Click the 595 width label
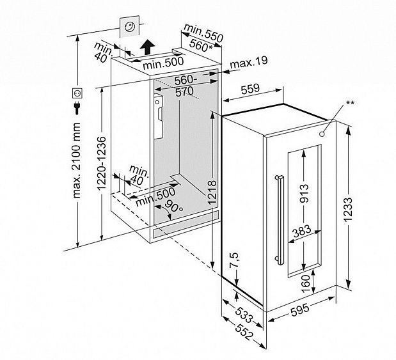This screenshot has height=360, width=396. (x=302, y=311)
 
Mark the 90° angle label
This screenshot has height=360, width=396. (x=173, y=207)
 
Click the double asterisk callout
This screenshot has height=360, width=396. (x=350, y=103)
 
